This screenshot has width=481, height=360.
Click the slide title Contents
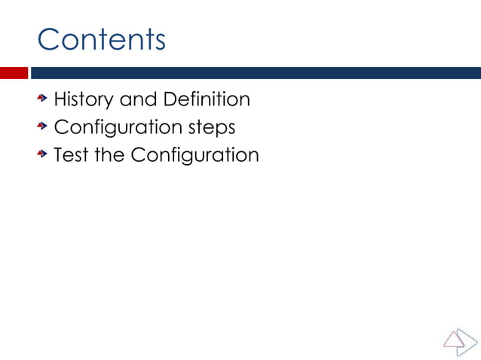[101, 38]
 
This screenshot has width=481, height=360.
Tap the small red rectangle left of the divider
[14, 73]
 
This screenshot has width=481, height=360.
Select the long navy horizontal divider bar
[255, 73]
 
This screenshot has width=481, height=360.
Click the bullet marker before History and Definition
[44, 99]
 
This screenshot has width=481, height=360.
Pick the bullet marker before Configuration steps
[44, 127]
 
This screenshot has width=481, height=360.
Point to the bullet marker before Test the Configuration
[44, 154]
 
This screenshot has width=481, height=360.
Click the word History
[82, 99]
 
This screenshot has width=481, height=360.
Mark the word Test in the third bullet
[69, 155]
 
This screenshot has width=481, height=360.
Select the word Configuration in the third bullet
[195, 156]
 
